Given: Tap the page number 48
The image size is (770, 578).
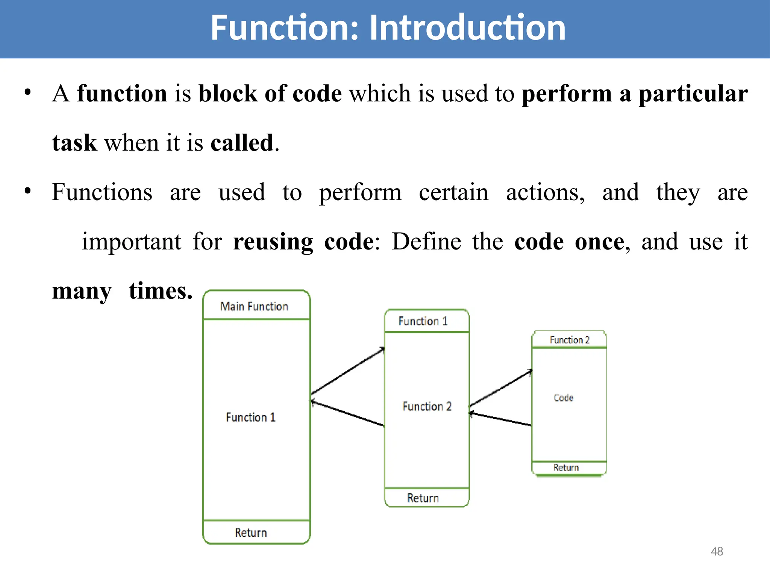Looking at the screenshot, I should coord(717,551).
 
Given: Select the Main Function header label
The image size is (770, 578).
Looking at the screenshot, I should coord(254,306).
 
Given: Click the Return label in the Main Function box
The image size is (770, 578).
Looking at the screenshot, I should coord(251,533).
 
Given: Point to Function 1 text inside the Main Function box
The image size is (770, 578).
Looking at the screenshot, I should coord(251,417).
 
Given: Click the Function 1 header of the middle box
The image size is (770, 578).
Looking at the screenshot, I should coord(423,321).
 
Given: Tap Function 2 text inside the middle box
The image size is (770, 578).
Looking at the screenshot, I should coord(427,407).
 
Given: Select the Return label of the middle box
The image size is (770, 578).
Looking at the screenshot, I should coord(423,498).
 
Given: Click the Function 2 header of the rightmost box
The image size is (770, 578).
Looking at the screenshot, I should coord(570,340).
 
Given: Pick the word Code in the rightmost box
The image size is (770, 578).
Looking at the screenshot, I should coord(564,398).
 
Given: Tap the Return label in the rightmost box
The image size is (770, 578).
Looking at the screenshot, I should coord(566,467).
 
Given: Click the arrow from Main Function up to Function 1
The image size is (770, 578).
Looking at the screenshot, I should coord(348,371).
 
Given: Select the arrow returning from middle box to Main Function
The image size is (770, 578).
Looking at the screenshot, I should coord(348,414).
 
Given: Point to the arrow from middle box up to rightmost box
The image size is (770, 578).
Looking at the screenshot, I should coord(501,389).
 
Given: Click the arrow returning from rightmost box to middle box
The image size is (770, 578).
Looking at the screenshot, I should coord(501,419).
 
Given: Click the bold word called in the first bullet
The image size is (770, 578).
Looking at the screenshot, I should coord(242,143).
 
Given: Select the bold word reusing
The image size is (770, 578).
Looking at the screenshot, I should coord(273,242).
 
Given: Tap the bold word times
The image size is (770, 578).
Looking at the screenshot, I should coord(161,291).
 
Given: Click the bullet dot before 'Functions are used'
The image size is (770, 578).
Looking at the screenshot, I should coord(27,191).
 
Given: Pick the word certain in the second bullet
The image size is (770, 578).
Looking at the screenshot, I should coord(453,192).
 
